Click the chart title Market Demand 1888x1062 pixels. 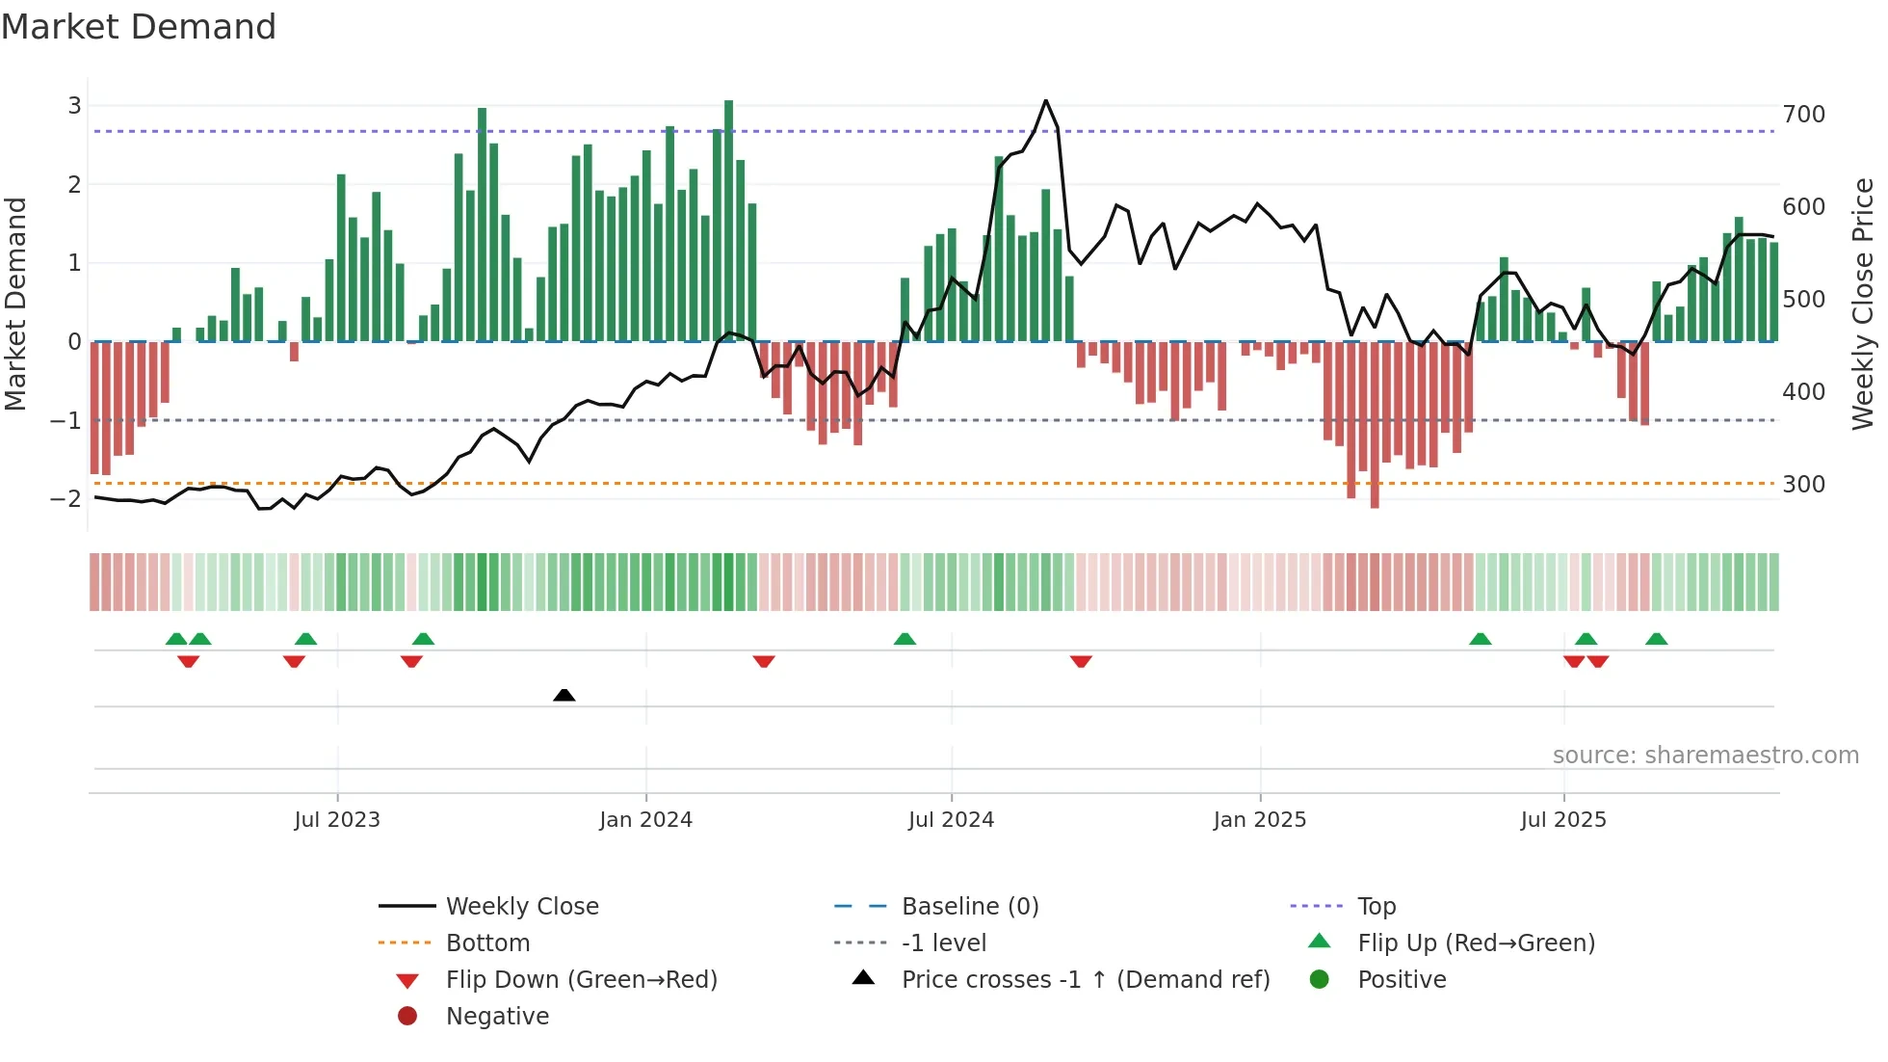pos(139,27)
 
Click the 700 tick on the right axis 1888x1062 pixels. pos(1803,115)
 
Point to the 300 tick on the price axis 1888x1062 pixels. pos(1803,485)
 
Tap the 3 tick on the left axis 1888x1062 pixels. pos(74,106)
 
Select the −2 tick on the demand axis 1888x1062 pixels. pos(66,499)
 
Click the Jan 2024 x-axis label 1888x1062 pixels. pos(645,820)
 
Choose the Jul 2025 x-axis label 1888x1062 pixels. pos(1563,820)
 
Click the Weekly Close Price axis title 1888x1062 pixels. pos(1863,304)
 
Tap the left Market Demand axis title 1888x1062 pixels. pos(16,304)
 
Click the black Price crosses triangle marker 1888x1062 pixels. pos(564,695)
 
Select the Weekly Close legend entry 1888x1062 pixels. pos(521,907)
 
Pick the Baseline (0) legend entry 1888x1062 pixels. pos(969,907)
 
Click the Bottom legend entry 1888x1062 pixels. pos(487,943)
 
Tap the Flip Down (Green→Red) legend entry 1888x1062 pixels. pos(581,980)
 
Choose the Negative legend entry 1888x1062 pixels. pos(497,1017)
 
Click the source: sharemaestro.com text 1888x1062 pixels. pos(1705,756)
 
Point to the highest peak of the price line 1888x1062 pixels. pos(1045,100)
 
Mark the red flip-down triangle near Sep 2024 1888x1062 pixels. pos(1081,662)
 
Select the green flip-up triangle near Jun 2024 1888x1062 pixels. pos(905,639)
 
